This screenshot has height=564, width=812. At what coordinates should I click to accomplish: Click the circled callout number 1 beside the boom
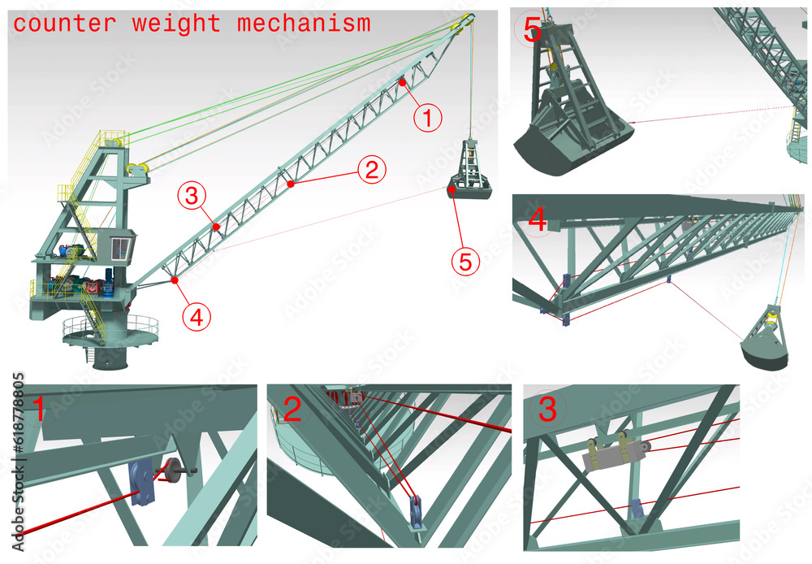428,119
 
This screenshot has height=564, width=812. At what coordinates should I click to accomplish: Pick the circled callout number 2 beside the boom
371,170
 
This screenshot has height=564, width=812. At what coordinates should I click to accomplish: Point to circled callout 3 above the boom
192,195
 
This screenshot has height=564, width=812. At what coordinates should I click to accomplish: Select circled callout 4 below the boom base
195,317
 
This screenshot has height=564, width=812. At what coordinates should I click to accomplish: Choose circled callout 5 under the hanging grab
465,261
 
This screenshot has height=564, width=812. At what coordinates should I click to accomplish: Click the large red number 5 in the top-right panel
532,32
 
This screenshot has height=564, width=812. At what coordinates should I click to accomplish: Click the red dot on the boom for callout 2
291,184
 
